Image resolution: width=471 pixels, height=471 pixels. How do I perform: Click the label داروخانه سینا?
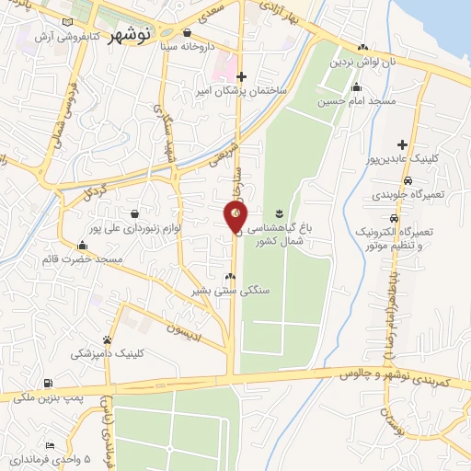(x=188, y=44)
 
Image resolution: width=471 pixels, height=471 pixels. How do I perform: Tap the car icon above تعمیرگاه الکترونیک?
(x=394, y=218)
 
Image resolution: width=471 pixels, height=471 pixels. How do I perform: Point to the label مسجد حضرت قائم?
(x=83, y=259)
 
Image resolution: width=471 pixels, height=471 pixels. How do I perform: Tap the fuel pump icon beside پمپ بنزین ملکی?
(x=48, y=384)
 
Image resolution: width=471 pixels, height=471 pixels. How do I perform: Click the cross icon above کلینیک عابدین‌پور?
(x=402, y=144)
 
